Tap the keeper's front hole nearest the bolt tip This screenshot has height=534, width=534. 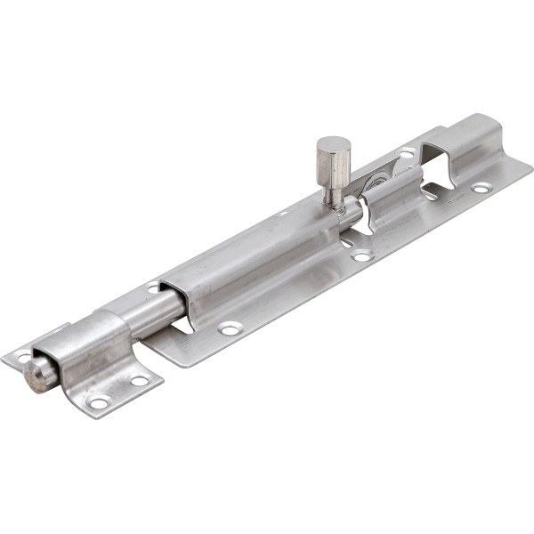click(99, 403)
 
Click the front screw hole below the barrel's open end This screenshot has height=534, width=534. click(230, 329)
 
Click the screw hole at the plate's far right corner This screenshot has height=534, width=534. click(481, 188)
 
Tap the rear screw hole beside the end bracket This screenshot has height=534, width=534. click(406, 153)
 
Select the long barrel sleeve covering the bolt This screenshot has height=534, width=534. click(258, 258)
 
